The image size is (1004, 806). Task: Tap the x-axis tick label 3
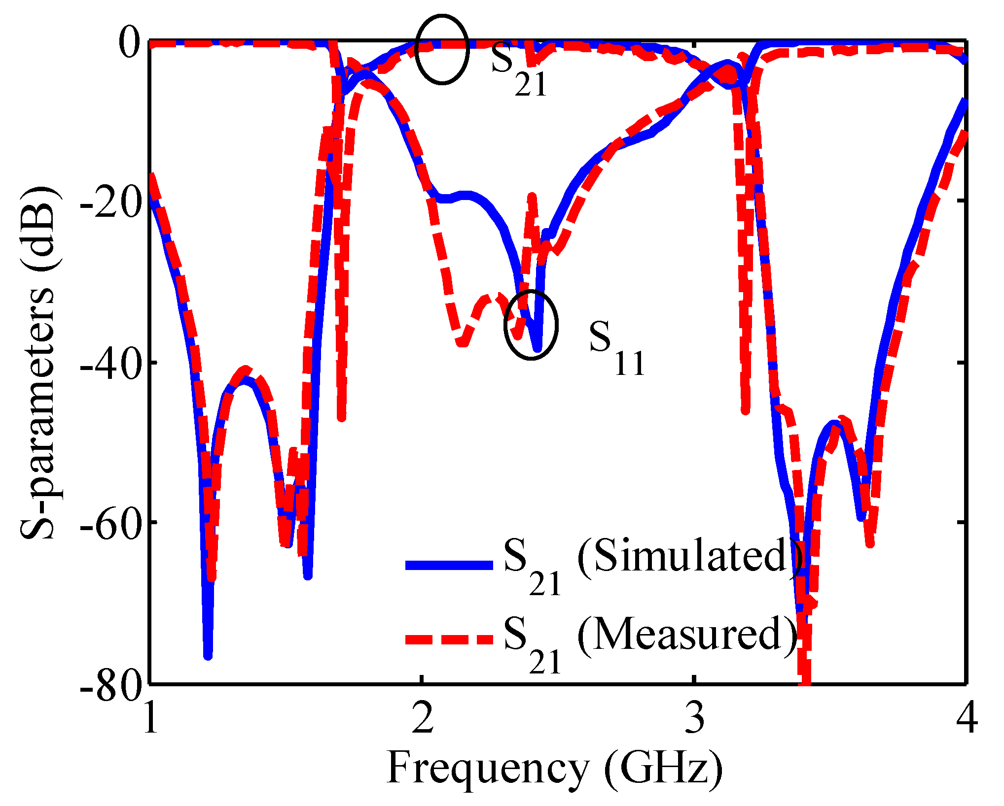(x=695, y=718)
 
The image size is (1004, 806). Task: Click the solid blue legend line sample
(x=449, y=565)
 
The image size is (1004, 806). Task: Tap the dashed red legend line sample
(x=449, y=639)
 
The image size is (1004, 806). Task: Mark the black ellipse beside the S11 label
(x=531, y=325)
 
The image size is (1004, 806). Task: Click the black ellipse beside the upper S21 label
(x=441, y=49)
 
